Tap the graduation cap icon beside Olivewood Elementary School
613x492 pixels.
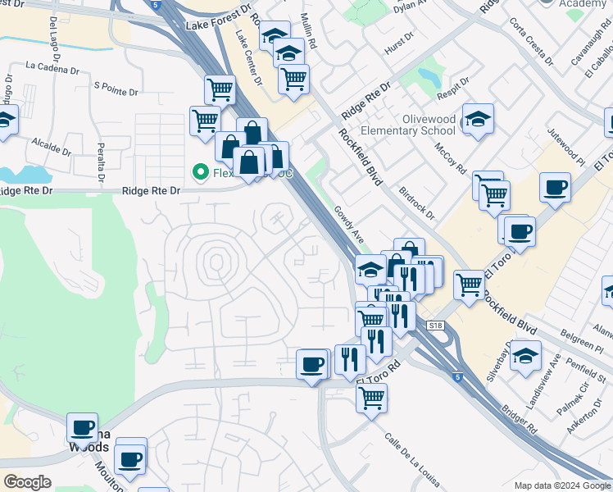pyautogui.click(x=478, y=119)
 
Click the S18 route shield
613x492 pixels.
pyautogui.click(x=435, y=326)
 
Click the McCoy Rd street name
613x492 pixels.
pyautogui.click(x=450, y=159)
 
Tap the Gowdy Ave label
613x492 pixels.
pyautogui.click(x=348, y=224)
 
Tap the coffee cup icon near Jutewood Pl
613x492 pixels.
pyautogui.click(x=555, y=187)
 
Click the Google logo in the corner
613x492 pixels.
pyautogui.click(x=27, y=482)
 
